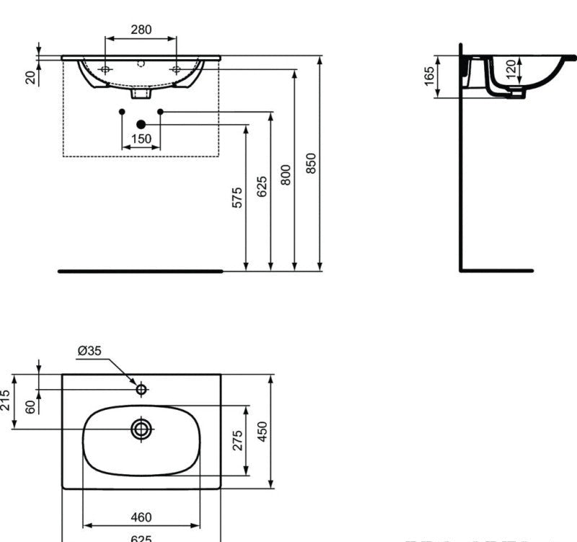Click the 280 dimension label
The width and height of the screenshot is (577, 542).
tap(141, 30)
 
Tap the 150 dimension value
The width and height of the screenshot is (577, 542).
tap(141, 139)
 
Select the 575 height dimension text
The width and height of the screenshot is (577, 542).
tap(237, 198)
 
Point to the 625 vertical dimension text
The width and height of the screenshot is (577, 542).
tap(261, 186)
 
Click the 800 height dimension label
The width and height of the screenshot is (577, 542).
tap(286, 175)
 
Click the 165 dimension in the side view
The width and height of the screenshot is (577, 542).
tap(430, 75)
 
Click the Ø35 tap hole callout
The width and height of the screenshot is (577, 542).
tap(89, 351)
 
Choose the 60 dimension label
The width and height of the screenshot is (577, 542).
tap(30, 407)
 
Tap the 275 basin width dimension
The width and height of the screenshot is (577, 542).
tap(237, 440)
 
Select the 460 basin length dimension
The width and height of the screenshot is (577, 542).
tap(141, 517)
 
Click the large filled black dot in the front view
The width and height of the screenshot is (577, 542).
tap(141, 125)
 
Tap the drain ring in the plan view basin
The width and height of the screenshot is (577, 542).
tap(141, 429)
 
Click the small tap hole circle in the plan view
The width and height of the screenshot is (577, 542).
tap(141, 390)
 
